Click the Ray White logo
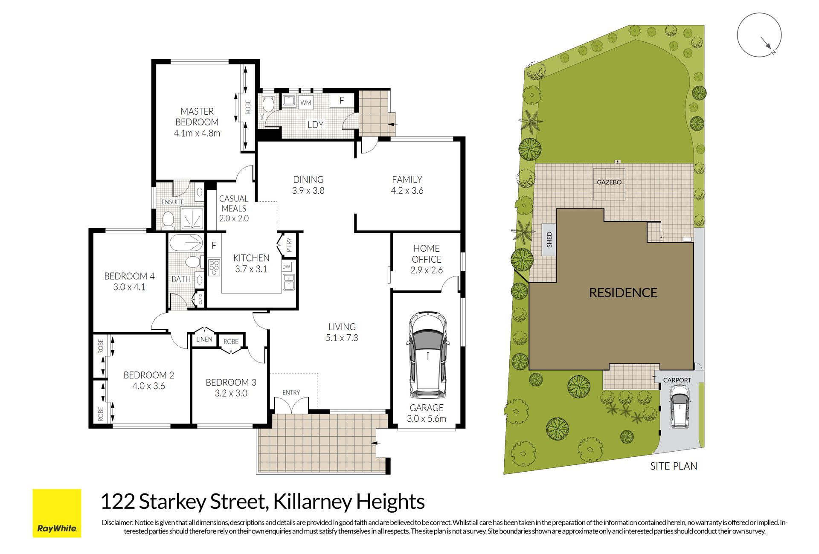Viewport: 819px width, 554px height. coord(57,513)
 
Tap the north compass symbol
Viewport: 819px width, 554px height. coord(759,35)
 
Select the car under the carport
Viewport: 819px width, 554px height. coord(679,406)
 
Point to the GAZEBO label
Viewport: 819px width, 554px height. coord(609,182)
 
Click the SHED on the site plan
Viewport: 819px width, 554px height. coord(549,240)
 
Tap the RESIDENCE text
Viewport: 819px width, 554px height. coord(623,293)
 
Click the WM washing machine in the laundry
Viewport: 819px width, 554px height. coord(305,103)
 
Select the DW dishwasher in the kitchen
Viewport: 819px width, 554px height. coord(286,267)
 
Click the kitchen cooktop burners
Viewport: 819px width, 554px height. coord(214,267)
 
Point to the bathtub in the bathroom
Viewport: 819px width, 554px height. coord(186,243)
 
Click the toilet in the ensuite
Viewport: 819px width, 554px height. coord(168,220)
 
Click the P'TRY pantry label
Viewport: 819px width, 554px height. coord(289,245)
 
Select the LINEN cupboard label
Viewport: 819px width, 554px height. coord(204,339)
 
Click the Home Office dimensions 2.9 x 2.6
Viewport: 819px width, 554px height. coord(427,270)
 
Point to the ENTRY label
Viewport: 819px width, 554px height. coord(291,392)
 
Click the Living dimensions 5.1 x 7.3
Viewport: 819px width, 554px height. coord(342,338)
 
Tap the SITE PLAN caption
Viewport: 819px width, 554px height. coord(674,466)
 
